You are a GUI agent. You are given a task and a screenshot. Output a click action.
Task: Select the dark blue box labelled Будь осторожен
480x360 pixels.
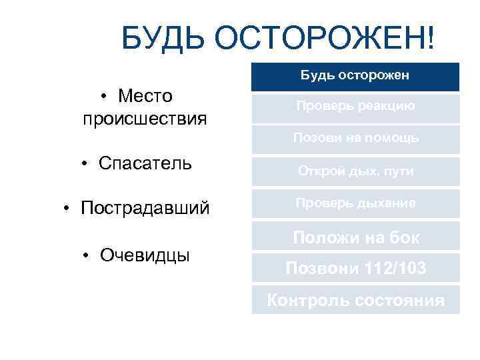tap(355, 76)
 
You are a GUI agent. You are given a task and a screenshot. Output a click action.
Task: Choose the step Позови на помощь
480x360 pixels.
tap(355, 138)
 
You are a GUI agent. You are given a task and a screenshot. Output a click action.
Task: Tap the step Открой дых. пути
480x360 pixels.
tap(355, 171)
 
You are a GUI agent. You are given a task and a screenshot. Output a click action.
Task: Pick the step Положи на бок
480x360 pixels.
tap(355, 237)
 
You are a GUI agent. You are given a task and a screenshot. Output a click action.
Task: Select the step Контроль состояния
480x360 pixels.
tap(355, 300)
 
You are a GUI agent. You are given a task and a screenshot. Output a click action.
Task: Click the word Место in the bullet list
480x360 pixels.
tap(145, 96)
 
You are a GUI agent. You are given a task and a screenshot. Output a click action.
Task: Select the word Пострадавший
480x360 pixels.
tap(145, 208)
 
